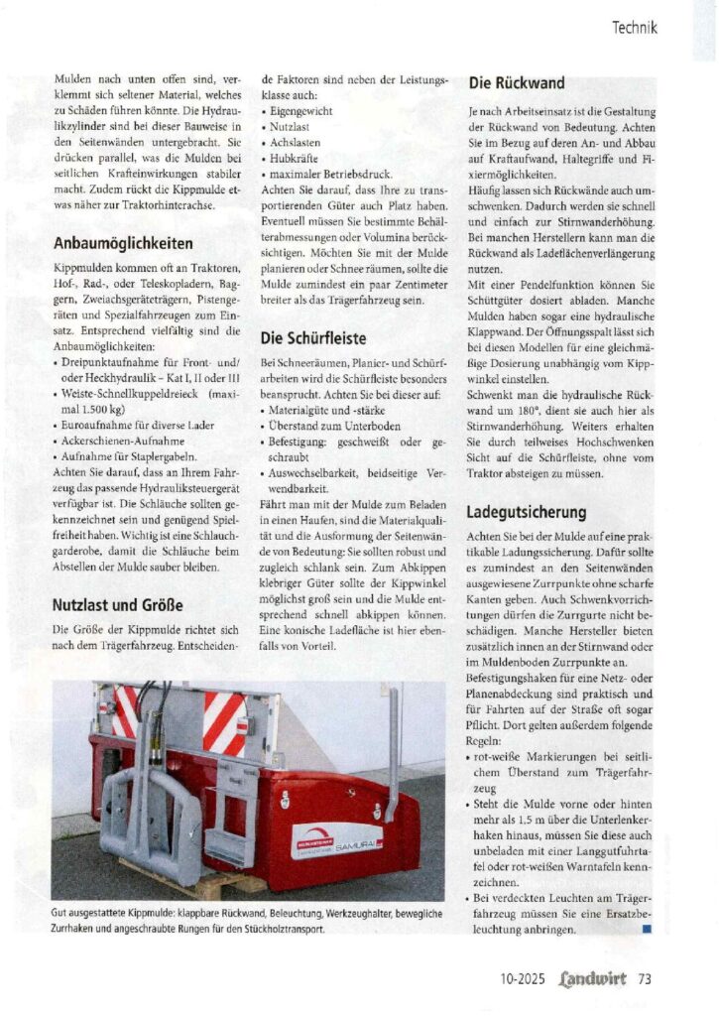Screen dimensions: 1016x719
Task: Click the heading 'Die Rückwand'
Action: [517, 83]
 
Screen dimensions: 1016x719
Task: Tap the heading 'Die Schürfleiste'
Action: [313, 337]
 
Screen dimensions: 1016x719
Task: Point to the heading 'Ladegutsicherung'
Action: [527, 513]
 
